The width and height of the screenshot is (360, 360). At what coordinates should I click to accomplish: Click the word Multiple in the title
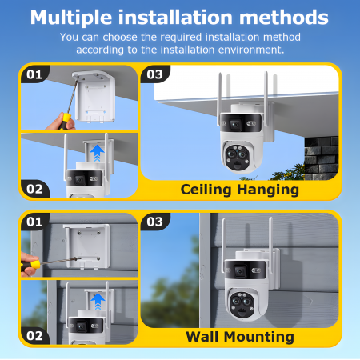click(71, 18)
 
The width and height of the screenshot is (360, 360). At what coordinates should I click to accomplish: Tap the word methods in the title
click(284, 18)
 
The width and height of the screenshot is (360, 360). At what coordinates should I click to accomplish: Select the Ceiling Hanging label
click(240, 190)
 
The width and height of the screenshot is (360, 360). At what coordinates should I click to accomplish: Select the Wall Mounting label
click(240, 337)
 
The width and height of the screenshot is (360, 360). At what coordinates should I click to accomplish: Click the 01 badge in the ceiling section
click(34, 74)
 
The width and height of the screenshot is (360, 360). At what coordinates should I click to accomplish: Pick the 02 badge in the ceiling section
click(34, 189)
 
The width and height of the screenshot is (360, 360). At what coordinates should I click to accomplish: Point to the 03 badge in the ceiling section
click(155, 74)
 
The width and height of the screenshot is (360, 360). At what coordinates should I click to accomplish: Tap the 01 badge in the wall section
click(34, 222)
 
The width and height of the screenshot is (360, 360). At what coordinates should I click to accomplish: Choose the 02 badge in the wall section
click(34, 336)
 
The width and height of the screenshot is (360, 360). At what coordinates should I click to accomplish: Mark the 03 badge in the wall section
click(155, 222)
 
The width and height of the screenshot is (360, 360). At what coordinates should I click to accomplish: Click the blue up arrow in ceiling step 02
click(97, 153)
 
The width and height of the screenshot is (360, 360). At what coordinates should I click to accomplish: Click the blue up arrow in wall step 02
click(98, 302)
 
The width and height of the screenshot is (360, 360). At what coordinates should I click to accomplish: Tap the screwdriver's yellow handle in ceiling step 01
click(65, 121)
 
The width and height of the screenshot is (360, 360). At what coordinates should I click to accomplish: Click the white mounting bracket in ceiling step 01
click(94, 97)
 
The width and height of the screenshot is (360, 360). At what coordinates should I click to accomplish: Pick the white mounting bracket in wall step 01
click(87, 246)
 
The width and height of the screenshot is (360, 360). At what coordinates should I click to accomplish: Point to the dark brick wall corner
click(321, 158)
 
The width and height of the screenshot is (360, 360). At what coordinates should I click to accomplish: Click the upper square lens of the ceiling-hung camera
click(235, 124)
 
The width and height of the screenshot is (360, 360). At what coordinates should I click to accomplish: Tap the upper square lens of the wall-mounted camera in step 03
click(240, 272)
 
